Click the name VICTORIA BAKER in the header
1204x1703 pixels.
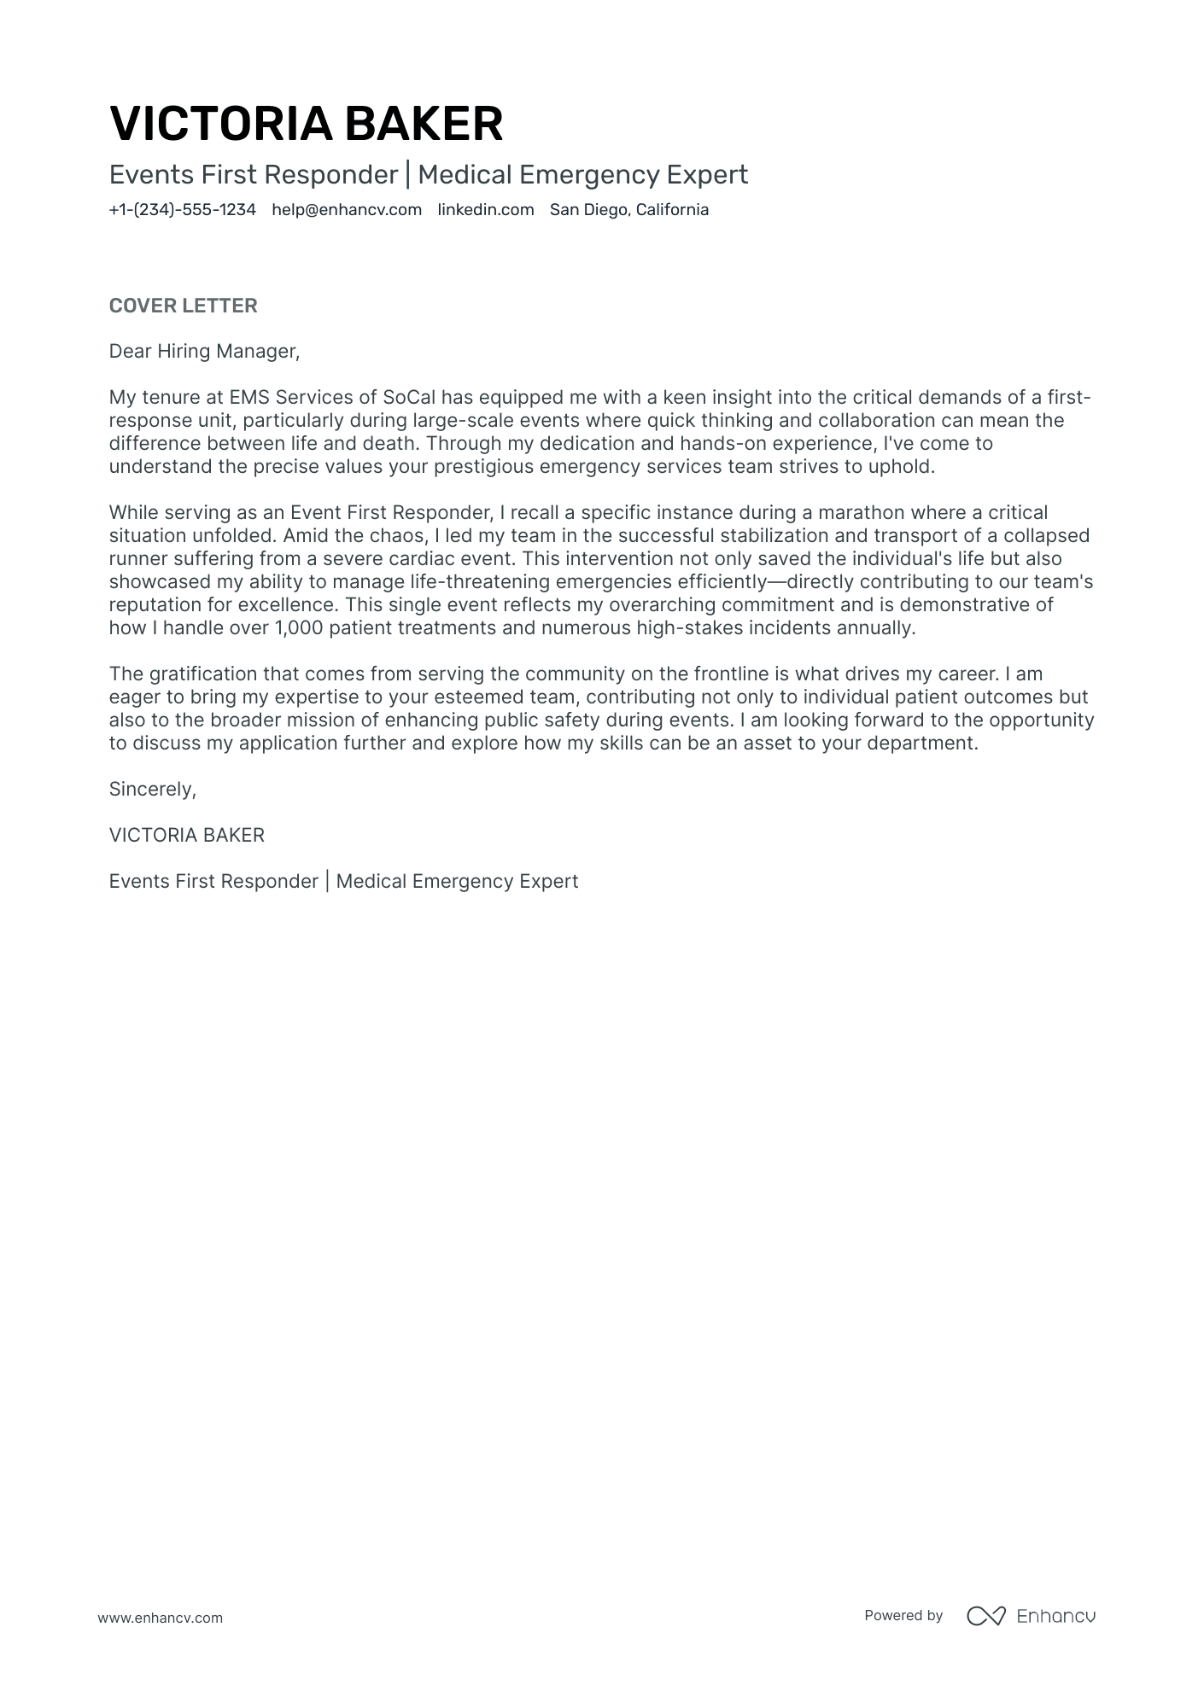coord(306,124)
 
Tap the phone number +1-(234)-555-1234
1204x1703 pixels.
coord(182,210)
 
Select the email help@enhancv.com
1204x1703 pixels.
coord(347,210)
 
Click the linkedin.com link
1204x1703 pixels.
coord(485,210)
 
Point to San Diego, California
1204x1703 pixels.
coord(628,210)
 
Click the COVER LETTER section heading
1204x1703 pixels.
coord(183,306)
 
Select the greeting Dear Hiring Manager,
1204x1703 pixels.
coord(205,351)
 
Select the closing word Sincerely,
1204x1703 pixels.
coord(153,789)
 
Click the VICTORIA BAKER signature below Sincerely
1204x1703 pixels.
coord(186,835)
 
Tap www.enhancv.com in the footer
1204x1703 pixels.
coord(160,1618)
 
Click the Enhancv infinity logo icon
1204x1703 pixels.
coord(985,1616)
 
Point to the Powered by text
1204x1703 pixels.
coord(903,1615)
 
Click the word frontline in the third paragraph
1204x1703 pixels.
coord(733,674)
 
